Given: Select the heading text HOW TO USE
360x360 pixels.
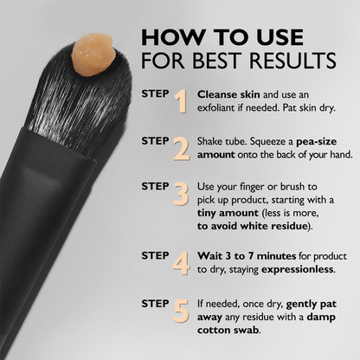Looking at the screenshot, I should pyautogui.click(x=222, y=38).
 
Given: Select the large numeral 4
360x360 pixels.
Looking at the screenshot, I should pyautogui.click(x=181, y=262).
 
